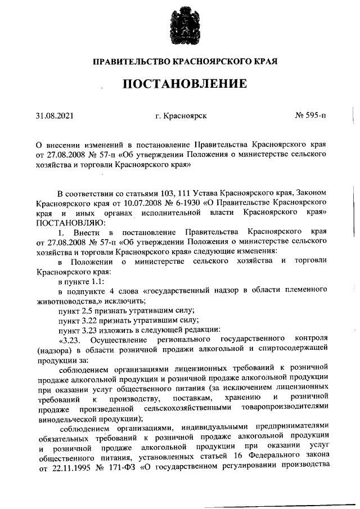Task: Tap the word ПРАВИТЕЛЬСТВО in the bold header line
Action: pyautogui.click(x=132, y=60)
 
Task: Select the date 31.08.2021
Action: pyautogui.click(x=55, y=116)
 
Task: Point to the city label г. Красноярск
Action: pyautogui.click(x=181, y=116)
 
